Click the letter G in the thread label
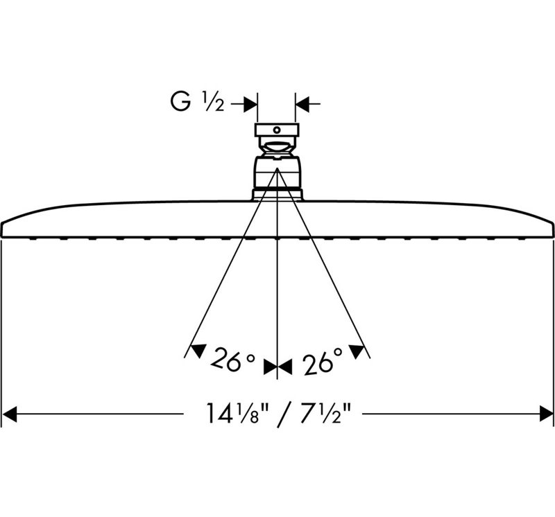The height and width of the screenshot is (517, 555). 180,102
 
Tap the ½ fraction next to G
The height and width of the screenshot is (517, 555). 213,102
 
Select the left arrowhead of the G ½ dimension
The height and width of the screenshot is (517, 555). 250,104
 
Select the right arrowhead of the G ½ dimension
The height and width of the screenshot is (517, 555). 302,104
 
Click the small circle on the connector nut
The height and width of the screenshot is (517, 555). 277,130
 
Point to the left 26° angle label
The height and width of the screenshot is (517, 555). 232,360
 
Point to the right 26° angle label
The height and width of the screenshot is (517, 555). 323,361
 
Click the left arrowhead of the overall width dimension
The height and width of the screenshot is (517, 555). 9,414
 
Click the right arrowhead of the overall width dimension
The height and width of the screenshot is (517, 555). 546,414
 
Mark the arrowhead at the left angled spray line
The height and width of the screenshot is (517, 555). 198,350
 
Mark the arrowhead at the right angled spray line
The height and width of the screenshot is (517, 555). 357,351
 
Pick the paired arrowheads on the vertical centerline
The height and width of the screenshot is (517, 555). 277,367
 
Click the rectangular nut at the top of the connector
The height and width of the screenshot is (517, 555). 277,130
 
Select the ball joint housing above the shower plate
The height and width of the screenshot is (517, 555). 277,173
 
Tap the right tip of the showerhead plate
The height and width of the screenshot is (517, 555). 553,223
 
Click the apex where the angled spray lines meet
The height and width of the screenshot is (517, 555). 277,168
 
